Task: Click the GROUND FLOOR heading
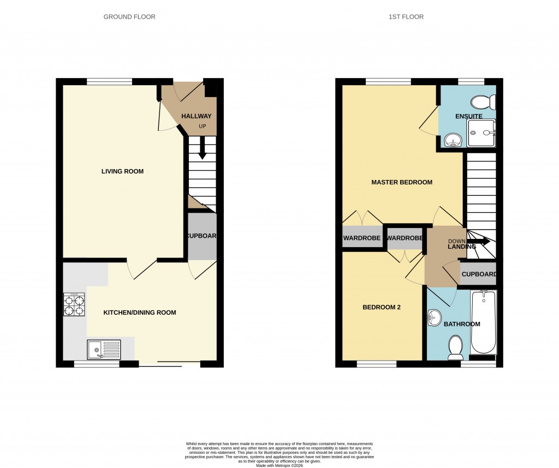coord(129,17)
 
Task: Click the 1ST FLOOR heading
coord(406,17)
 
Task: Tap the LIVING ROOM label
coord(122,171)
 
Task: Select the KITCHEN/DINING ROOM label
coord(140,313)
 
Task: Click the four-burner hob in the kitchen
coord(74,305)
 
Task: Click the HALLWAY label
coord(196,116)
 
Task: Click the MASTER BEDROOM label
coord(402,182)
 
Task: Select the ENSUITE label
coord(469,116)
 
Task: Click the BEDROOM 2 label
coord(382,307)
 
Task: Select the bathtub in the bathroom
coord(483,322)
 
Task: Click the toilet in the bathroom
coord(455,347)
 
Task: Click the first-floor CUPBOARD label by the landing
coord(479,274)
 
